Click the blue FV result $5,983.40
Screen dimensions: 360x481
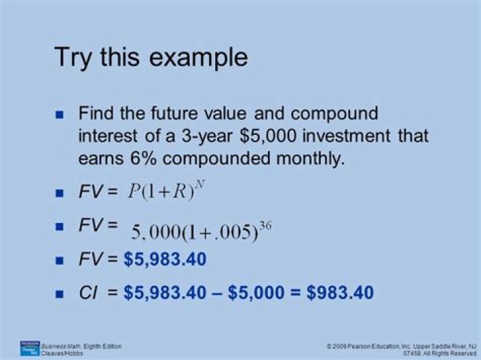(x=165, y=259)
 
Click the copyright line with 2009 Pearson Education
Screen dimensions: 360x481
(x=401, y=346)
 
